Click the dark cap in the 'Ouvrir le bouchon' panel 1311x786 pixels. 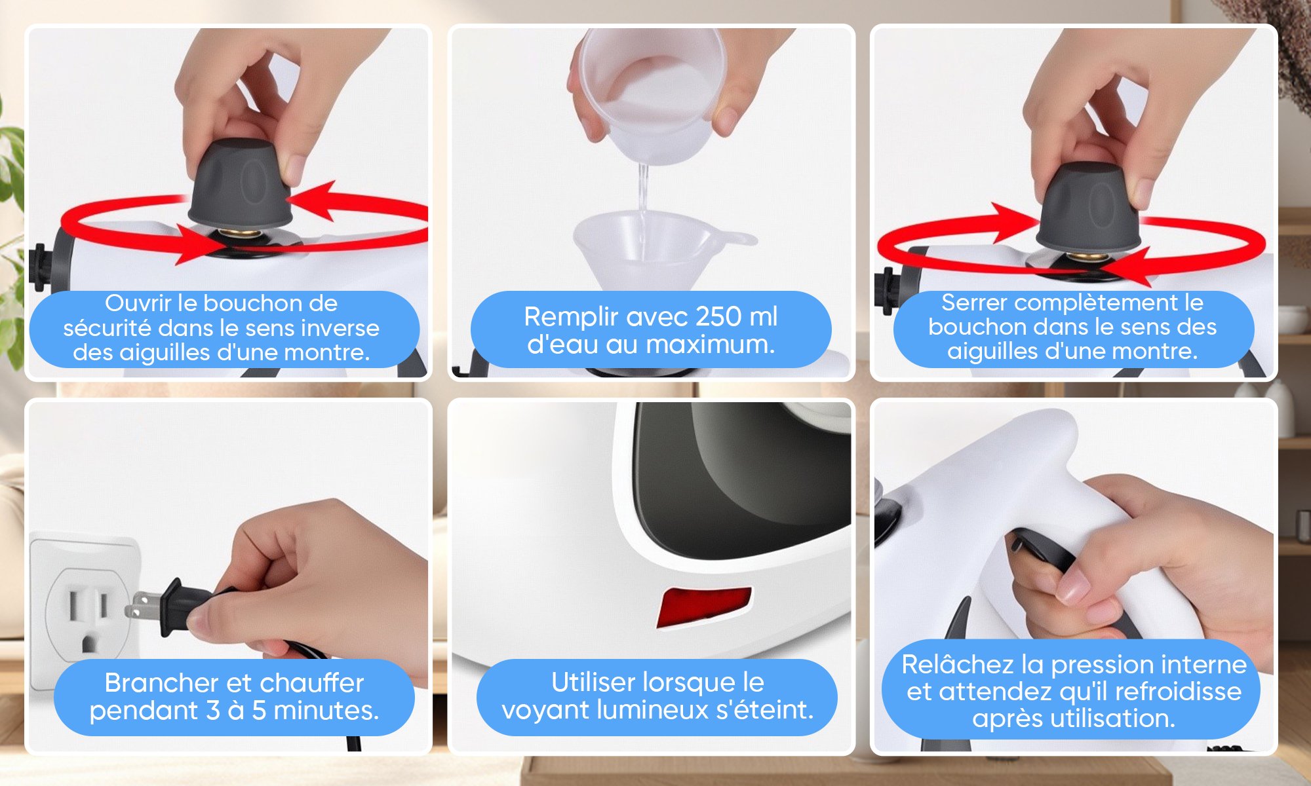pyautogui.click(x=239, y=183)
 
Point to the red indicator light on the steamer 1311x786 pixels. pyautogui.click(x=705, y=606)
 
